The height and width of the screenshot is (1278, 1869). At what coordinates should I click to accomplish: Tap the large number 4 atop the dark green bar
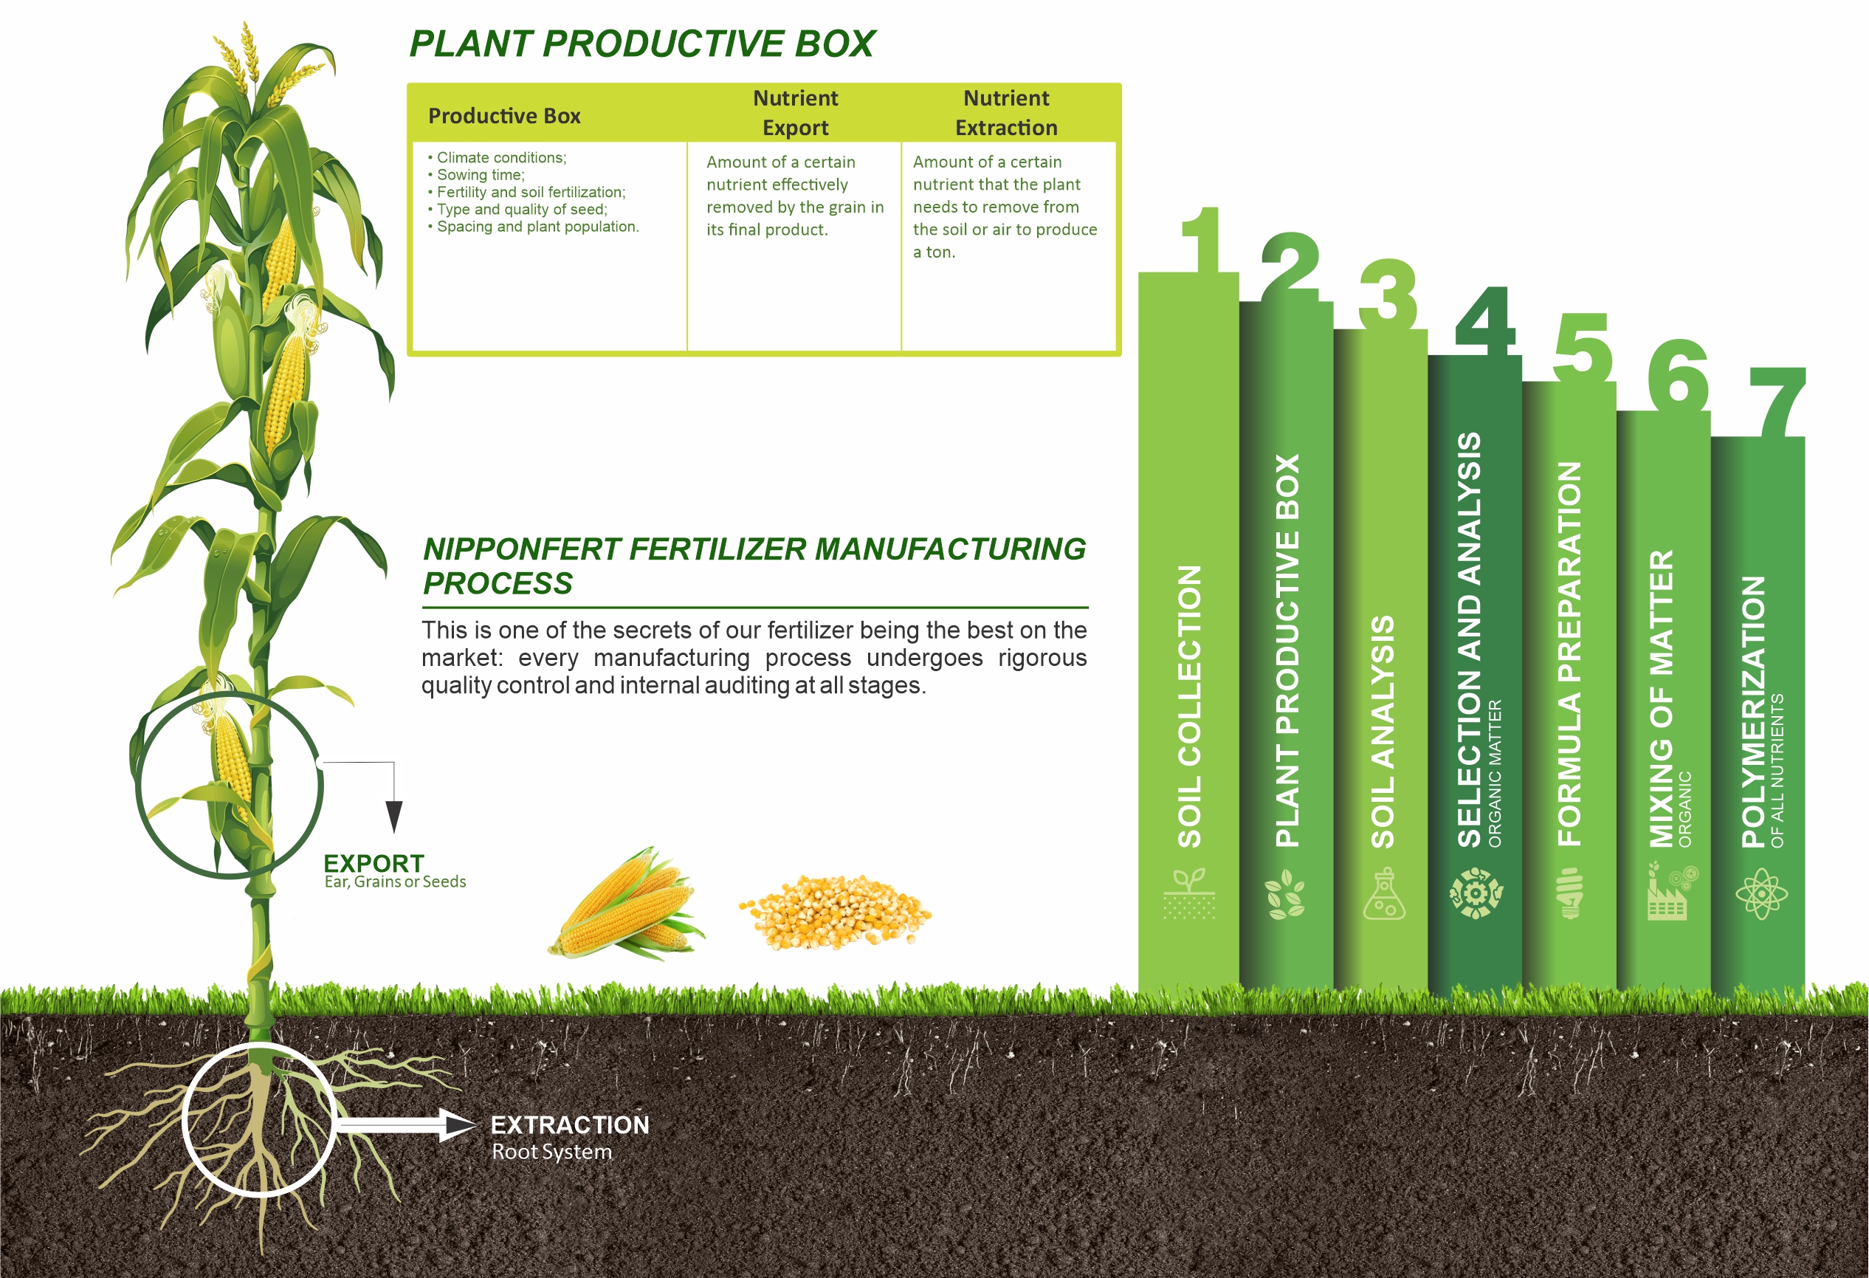click(x=1485, y=321)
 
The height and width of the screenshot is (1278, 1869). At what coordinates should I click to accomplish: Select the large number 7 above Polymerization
click(x=1777, y=402)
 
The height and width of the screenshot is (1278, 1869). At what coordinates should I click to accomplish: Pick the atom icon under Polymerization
click(x=1761, y=893)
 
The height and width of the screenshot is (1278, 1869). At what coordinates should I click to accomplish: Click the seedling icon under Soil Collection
click(x=1188, y=893)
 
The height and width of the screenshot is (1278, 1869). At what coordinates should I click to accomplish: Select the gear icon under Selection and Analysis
click(x=1476, y=893)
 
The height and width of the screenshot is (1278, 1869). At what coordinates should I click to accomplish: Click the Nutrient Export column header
click(x=796, y=113)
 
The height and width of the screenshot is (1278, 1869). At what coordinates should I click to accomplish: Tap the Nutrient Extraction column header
click(x=1006, y=113)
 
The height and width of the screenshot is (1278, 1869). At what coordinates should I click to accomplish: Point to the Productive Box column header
click(x=504, y=116)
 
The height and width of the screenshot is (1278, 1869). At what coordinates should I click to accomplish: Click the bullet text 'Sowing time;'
click(x=480, y=174)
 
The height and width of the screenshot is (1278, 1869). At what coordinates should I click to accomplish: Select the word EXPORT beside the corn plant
click(x=374, y=863)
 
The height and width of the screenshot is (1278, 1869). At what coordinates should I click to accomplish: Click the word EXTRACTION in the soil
click(x=570, y=1124)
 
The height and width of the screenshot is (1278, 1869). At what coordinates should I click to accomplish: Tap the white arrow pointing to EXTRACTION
click(x=406, y=1124)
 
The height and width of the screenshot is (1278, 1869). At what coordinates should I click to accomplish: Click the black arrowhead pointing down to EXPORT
click(x=394, y=817)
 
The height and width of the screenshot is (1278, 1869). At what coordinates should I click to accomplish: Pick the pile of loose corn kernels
click(x=835, y=913)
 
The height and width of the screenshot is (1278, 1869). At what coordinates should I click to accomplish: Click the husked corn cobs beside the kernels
click(x=627, y=904)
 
